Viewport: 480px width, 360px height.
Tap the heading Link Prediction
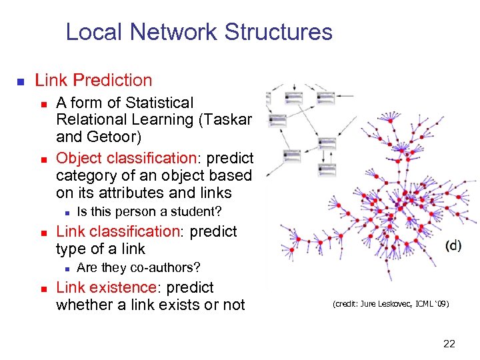click(93, 81)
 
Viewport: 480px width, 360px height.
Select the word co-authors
click(167, 268)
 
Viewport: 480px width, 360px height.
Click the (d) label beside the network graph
click(453, 245)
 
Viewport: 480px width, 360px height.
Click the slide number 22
click(449, 344)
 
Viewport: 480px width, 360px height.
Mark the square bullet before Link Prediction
click(21, 82)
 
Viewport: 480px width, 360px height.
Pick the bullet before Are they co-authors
click(64, 269)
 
